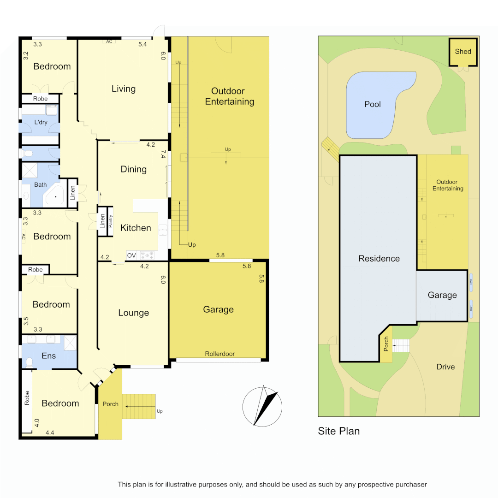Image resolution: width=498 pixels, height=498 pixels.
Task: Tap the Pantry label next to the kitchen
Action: [111, 222]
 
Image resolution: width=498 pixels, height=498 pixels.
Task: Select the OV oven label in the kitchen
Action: [131, 255]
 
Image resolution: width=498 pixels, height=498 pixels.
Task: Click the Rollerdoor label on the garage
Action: [220, 354]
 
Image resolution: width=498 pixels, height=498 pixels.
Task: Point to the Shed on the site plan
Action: [463, 51]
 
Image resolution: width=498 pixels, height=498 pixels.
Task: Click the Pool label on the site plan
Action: [373, 104]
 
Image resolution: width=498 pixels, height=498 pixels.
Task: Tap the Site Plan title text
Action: [339, 431]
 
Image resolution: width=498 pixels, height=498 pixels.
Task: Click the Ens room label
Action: [49, 356]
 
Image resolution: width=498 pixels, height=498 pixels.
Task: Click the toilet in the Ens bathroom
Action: [30, 362]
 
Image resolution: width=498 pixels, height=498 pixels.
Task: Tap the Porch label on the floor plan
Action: [110, 404]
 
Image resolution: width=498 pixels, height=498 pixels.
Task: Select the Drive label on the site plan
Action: [445, 367]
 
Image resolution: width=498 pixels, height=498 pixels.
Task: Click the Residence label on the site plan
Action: [379, 258]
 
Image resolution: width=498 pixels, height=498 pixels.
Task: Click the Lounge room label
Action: [134, 313]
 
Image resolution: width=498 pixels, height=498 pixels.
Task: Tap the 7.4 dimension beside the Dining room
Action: [163, 154]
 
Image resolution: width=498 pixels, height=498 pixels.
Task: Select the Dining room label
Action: [134, 169]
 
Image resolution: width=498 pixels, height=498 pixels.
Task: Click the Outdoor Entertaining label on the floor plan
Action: [230, 96]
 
